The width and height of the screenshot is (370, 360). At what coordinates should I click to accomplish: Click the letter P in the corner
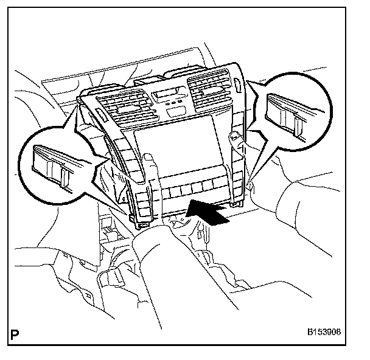(x=14, y=334)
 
